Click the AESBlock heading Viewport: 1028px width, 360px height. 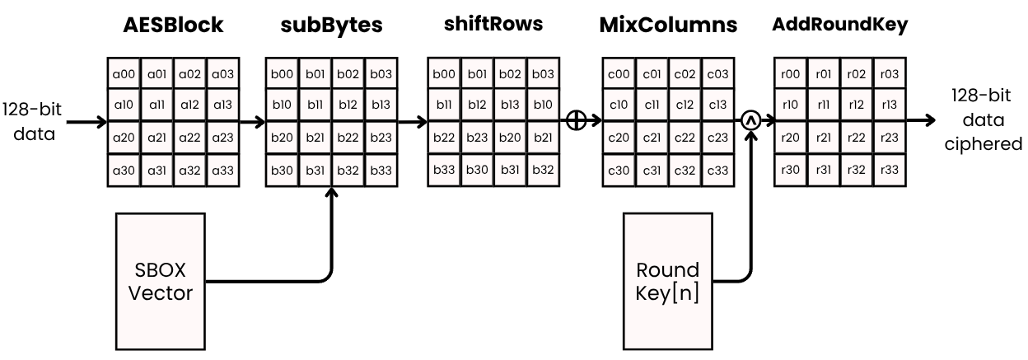pos(172,25)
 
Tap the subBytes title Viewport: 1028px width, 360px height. pos(331,25)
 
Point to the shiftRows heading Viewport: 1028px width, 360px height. pos(493,23)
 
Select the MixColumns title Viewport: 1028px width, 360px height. pos(668,24)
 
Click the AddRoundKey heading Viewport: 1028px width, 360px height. pos(839,24)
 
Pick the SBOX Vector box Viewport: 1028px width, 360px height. pos(161,281)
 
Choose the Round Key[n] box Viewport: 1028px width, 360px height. pos(667,281)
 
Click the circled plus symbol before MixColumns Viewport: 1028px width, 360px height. pos(576,120)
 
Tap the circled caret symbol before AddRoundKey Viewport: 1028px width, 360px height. pos(749,120)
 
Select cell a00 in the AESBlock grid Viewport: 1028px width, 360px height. pos(124,75)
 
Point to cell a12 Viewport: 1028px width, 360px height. pos(190,105)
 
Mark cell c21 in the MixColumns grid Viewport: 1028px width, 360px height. pos(652,138)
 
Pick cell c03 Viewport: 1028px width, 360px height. pos(717,75)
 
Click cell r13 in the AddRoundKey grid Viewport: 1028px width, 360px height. pos(889,105)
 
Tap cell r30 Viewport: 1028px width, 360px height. pos(791,170)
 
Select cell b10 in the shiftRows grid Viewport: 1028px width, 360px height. pos(543,105)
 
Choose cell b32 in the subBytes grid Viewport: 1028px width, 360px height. pos(348,171)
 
